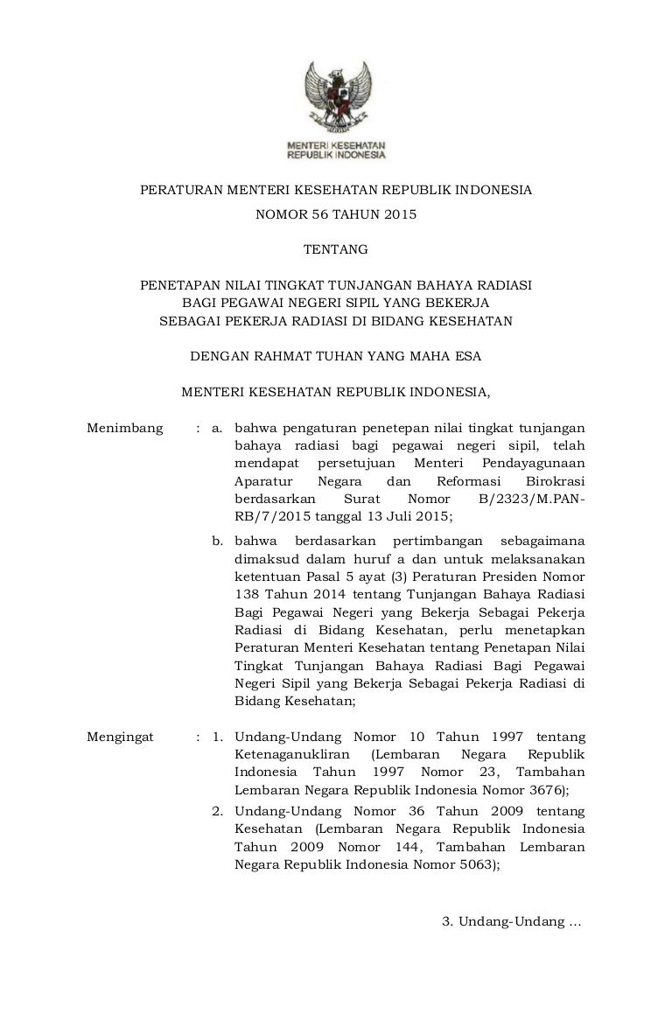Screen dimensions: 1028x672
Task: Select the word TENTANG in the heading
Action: click(x=336, y=250)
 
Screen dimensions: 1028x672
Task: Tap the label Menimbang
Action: click(x=125, y=428)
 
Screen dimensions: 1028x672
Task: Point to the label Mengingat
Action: click(x=121, y=737)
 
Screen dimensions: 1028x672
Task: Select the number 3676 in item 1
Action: click(x=547, y=789)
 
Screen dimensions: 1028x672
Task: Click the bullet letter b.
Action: click(x=218, y=540)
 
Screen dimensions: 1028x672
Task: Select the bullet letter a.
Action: click(x=218, y=428)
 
